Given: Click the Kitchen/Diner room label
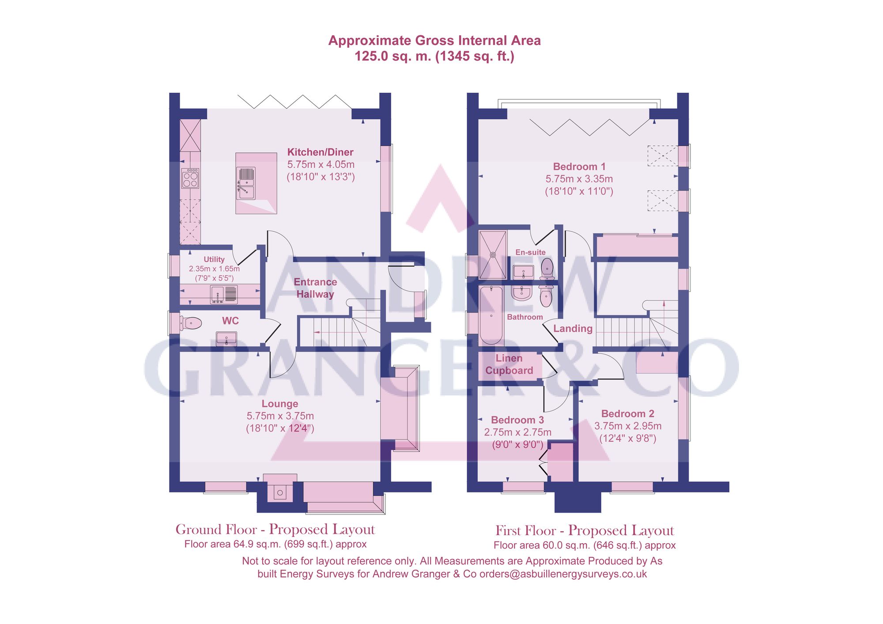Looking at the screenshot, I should pyautogui.click(x=320, y=152).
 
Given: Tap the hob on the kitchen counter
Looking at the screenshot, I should pyautogui.click(x=190, y=178).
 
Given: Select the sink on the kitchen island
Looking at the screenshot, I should pyautogui.click(x=246, y=183).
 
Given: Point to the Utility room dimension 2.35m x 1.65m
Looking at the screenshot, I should pyautogui.click(x=214, y=269).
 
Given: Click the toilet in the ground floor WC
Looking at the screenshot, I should pyautogui.click(x=192, y=323).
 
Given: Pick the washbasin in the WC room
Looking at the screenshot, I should pyautogui.click(x=226, y=339).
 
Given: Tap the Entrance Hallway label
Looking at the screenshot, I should pyautogui.click(x=315, y=288).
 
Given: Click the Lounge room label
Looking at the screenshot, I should pyautogui.click(x=279, y=404).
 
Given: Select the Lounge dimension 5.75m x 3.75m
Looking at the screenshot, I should pyautogui.click(x=280, y=416).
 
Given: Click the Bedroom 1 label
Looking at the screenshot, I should pyautogui.click(x=579, y=166).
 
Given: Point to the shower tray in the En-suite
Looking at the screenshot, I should pyautogui.click(x=493, y=255).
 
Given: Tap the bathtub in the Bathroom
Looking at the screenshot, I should pyautogui.click(x=491, y=315).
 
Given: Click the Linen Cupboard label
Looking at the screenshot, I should pyautogui.click(x=509, y=364).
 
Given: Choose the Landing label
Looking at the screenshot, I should pyautogui.click(x=573, y=329).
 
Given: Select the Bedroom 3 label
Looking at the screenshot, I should pyautogui.click(x=517, y=420).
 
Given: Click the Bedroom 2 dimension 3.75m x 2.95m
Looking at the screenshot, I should pyautogui.click(x=627, y=426).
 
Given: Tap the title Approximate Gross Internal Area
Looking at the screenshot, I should pyautogui.click(x=434, y=41).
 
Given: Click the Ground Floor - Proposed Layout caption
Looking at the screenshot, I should pyautogui.click(x=275, y=529).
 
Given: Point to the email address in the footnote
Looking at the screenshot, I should pyautogui.click(x=563, y=574).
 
